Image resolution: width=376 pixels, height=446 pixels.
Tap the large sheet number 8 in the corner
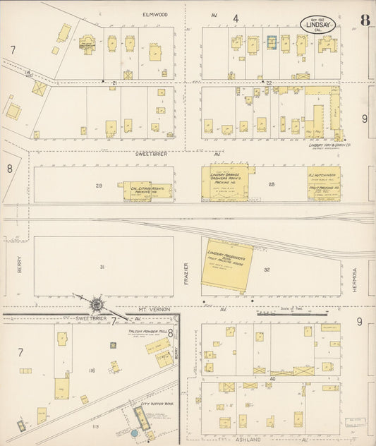(x=364, y=19)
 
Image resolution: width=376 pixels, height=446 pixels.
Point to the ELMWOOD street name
(x=154, y=14)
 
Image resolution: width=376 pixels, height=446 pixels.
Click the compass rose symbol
(x=96, y=304)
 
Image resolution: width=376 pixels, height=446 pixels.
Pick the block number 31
(x=102, y=267)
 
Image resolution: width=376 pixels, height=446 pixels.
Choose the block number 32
(x=266, y=270)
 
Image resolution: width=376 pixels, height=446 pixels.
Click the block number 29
(x=99, y=185)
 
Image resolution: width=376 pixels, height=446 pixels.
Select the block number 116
(x=91, y=370)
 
